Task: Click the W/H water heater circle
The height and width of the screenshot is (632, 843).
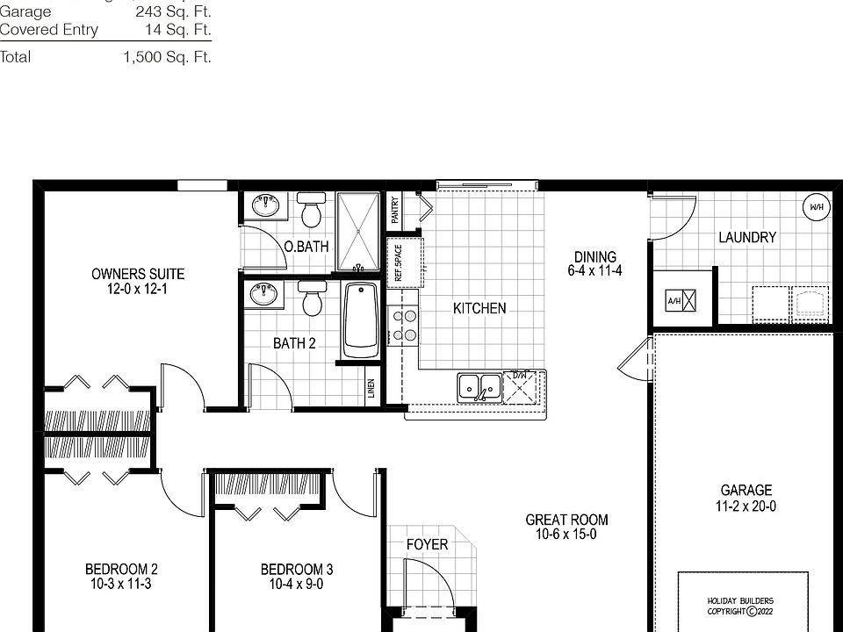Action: [817, 207]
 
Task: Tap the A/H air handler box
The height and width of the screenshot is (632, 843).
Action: [681, 301]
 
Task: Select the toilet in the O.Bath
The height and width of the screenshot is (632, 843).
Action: [309, 211]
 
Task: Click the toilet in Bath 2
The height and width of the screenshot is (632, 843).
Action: [310, 299]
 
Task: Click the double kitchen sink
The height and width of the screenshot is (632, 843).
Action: [479, 385]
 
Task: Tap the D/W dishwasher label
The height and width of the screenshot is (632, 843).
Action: [520, 377]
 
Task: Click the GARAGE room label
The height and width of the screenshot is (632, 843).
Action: [746, 491]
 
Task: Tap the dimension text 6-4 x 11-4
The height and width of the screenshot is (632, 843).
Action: [594, 271]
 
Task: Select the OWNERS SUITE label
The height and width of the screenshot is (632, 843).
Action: [138, 274]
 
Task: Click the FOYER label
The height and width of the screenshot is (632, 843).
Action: [427, 544]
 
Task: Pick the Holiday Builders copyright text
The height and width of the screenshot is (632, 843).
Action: [740, 606]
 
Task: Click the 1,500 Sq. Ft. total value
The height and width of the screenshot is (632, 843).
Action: [167, 57]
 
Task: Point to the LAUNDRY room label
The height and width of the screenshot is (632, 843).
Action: [747, 237]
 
